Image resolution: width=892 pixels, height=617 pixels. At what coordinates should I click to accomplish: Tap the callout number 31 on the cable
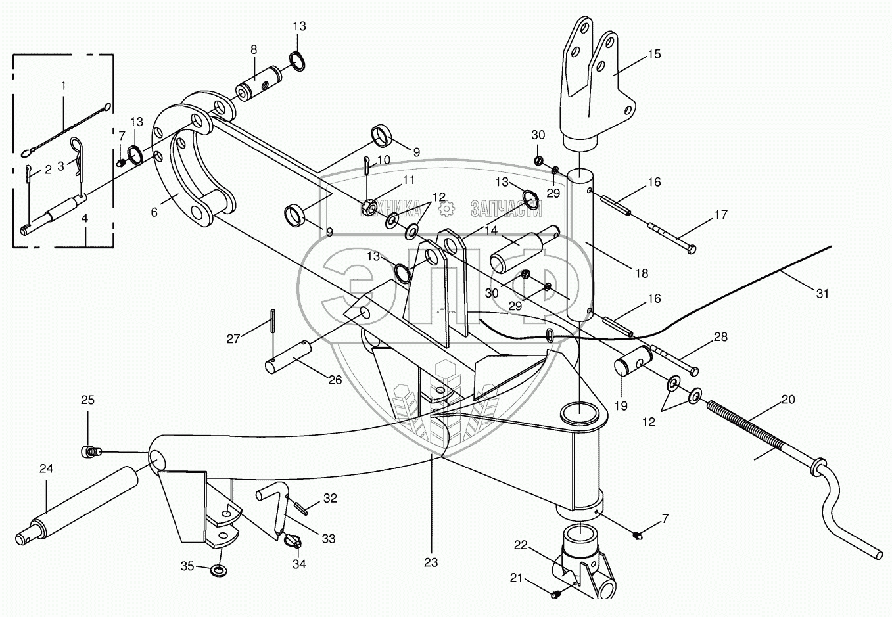[x=822, y=294]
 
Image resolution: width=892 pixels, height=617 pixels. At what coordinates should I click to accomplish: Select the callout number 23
[x=431, y=562]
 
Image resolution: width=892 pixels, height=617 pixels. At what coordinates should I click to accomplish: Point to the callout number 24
[x=46, y=468]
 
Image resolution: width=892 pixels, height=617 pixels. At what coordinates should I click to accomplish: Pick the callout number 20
[x=788, y=400]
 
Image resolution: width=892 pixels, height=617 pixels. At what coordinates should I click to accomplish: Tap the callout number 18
[x=642, y=273]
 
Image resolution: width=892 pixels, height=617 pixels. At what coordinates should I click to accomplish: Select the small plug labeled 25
[x=91, y=451]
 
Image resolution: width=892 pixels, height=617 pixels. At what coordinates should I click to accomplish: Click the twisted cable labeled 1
[x=66, y=124]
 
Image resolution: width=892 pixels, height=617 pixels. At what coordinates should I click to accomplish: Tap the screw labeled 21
[x=556, y=594]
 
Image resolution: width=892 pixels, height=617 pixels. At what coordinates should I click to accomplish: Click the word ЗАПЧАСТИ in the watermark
[x=505, y=209]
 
